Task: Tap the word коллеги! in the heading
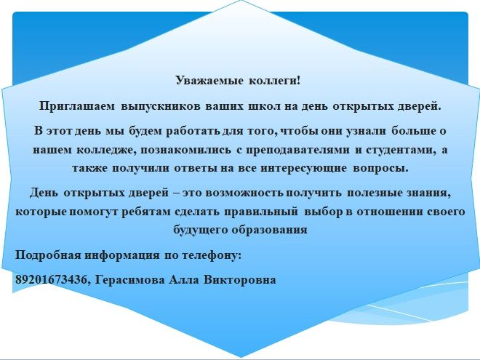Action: pyautogui.click(x=275, y=81)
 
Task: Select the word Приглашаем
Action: pyautogui.click(x=77, y=106)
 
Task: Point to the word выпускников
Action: pyautogui.click(x=161, y=106)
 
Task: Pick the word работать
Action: pyautogui.click(x=193, y=131)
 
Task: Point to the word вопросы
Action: pyautogui.click(x=380, y=169)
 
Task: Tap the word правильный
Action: pyautogui.click(x=261, y=212)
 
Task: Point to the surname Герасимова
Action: pyautogui.click(x=129, y=280)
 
